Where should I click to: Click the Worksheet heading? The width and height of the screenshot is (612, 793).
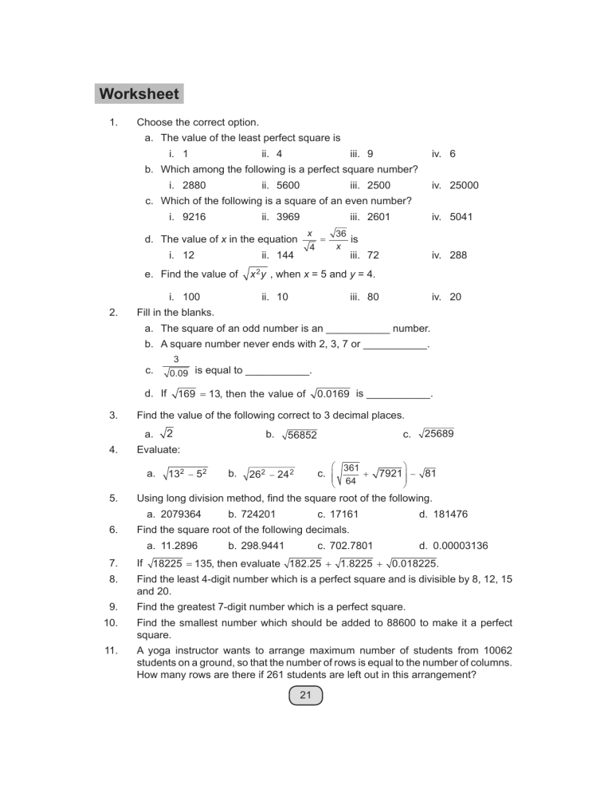point(139,94)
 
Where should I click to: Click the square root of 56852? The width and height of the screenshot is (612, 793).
point(300,434)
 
